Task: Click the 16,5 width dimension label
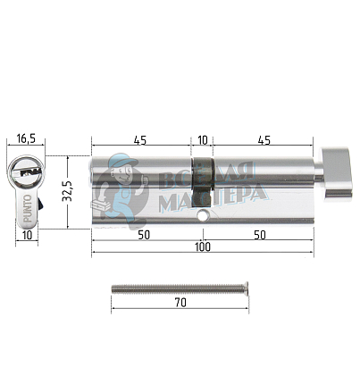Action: pos(26,138)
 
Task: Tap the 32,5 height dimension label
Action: pos(67,191)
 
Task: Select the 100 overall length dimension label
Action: pos(203,246)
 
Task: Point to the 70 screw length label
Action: pos(180,303)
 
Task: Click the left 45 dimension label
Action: pos(140,140)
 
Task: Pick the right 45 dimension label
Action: pos(264,140)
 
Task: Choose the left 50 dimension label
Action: pos(144,235)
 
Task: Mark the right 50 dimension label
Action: pos(260,235)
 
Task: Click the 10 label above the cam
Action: pos(203,140)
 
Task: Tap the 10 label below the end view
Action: pos(27,235)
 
